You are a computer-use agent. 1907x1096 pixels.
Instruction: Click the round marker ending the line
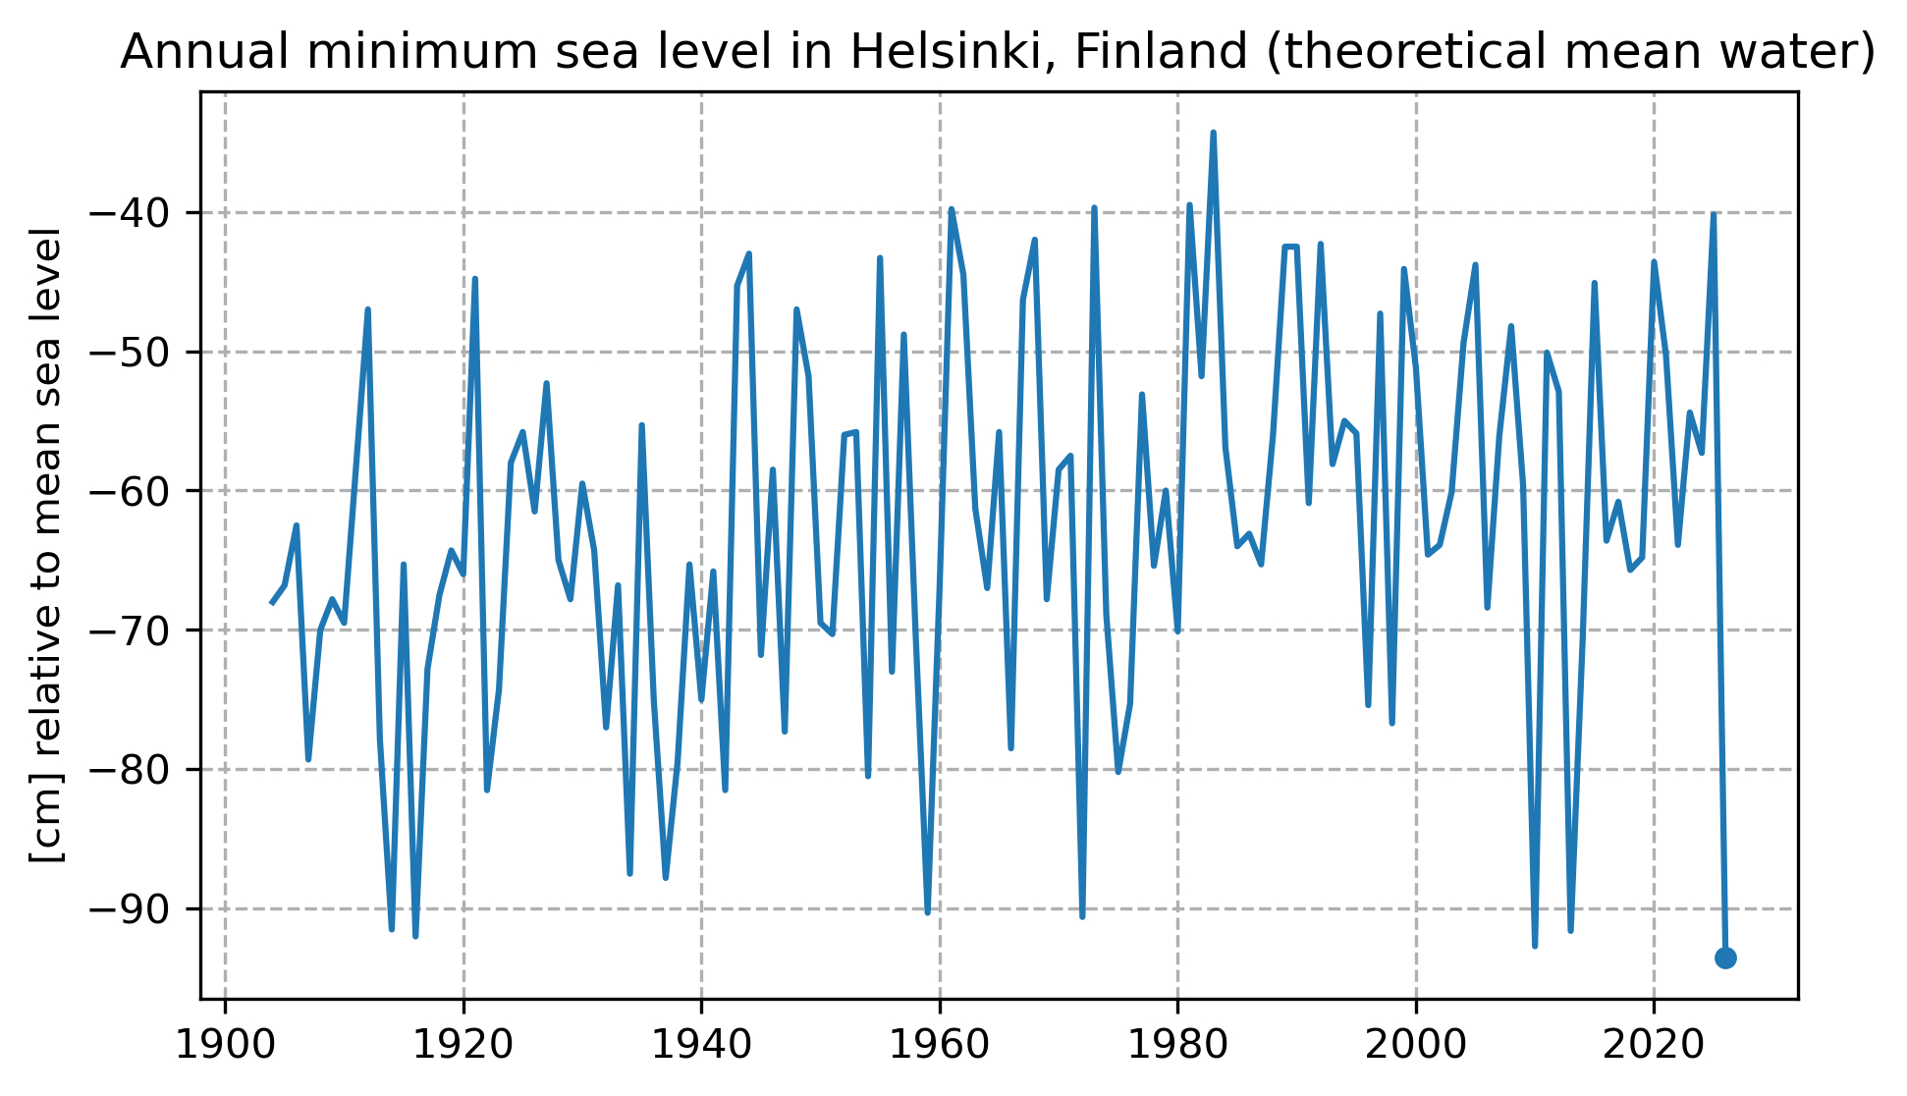click(x=1725, y=958)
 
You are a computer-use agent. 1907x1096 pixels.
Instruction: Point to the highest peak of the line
click(x=1213, y=133)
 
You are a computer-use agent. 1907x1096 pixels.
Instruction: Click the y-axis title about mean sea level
click(x=47, y=545)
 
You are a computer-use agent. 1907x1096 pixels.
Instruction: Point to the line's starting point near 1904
click(x=272, y=603)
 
